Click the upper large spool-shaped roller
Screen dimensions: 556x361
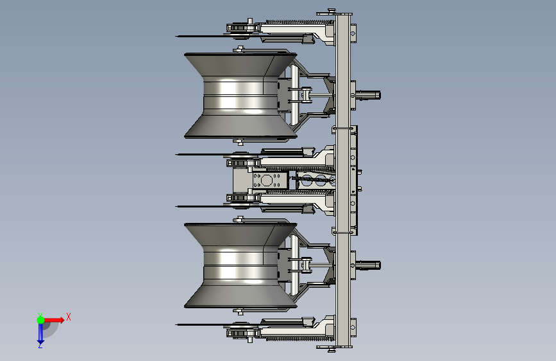(240, 95)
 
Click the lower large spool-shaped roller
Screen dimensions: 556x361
(240, 265)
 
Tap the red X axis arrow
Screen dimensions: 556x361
(54, 320)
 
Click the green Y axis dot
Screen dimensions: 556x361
(40, 320)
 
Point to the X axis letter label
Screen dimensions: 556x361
(69, 317)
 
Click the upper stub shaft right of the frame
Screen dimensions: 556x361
(368, 95)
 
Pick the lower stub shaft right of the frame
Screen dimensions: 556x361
(368, 265)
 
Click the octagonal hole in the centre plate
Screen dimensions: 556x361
(266, 180)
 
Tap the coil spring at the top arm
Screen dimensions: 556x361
(300, 22)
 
